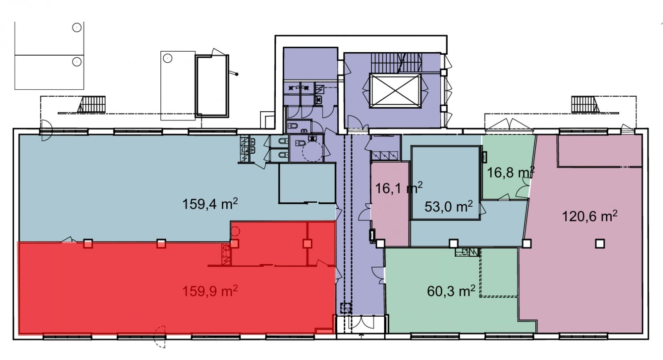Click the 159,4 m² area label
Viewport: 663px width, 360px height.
[x=210, y=204]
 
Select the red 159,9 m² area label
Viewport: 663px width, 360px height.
[x=210, y=291]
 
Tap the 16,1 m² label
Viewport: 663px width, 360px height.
[x=399, y=188]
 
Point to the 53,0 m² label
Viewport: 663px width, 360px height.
[x=449, y=206]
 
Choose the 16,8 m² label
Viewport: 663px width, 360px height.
[x=511, y=172]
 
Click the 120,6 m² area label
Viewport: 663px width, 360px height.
[x=590, y=216]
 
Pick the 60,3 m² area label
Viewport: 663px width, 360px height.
[x=451, y=291]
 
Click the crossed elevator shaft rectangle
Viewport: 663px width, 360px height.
[x=395, y=91]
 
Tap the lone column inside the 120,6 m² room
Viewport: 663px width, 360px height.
[x=600, y=244]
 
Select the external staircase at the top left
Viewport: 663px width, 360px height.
[x=92, y=104]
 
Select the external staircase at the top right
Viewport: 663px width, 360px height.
[x=585, y=104]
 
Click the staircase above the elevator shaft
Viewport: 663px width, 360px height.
[x=396, y=63]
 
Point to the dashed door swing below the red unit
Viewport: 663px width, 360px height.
[x=160, y=337]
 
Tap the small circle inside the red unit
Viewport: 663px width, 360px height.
[x=236, y=231]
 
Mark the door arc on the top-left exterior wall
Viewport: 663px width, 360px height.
[x=46, y=130]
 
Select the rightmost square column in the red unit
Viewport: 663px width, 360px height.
[x=308, y=244]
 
